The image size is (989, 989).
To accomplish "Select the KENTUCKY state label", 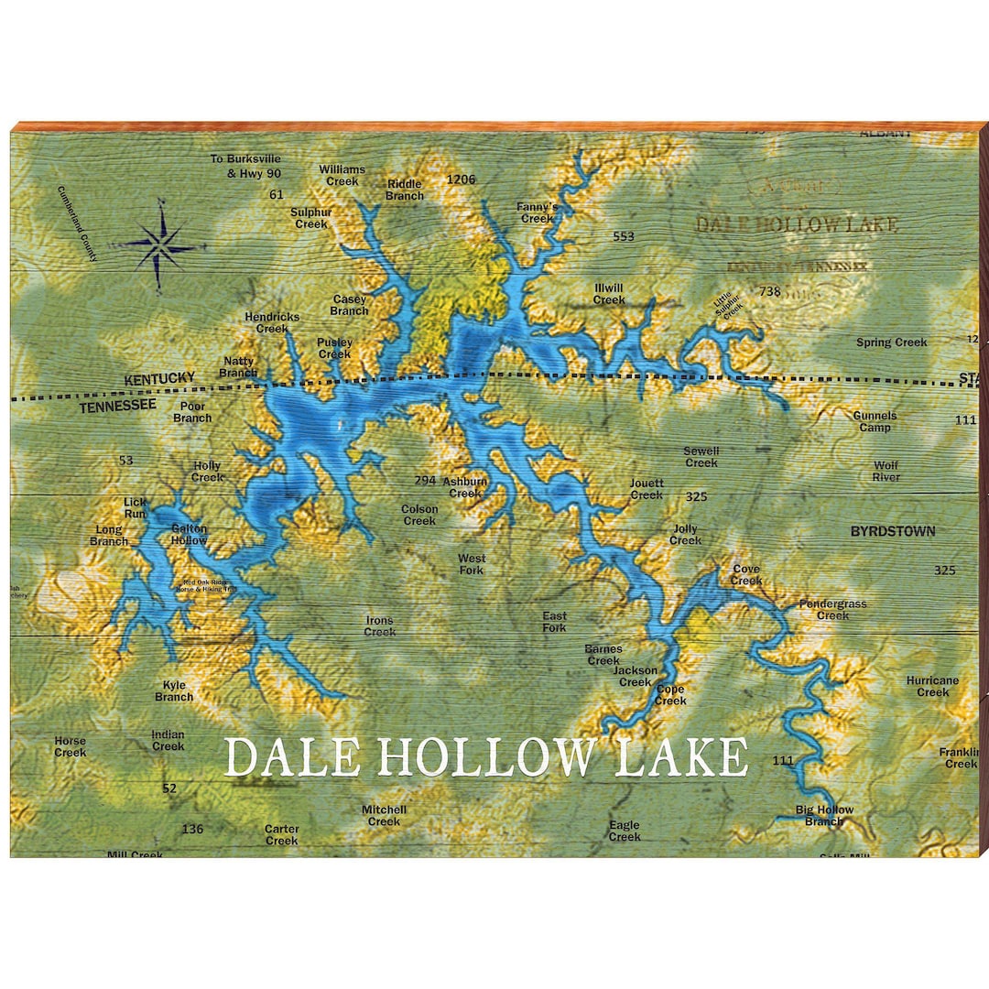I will pyautogui.click(x=160, y=378).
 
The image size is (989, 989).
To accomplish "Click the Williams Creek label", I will pyautogui.click(x=342, y=175).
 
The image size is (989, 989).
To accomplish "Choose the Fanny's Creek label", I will pyautogui.click(x=537, y=212).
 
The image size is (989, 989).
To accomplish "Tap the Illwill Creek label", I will pyautogui.click(x=609, y=293).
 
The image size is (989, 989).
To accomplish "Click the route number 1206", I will pyautogui.click(x=461, y=179).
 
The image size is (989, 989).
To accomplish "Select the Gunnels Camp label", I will pyautogui.click(x=875, y=421).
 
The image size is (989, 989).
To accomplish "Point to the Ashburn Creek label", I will pyautogui.click(x=465, y=487).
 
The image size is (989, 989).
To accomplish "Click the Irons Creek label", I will pyautogui.click(x=380, y=626).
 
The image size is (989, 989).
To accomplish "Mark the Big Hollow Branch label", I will pyautogui.click(x=824, y=815).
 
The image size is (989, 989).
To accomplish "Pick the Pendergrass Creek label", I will pyautogui.click(x=832, y=610).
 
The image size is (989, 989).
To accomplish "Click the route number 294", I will pyautogui.click(x=425, y=481).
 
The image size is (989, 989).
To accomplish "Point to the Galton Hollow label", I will pyautogui.click(x=190, y=535).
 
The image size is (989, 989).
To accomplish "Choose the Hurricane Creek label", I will pyautogui.click(x=932, y=686).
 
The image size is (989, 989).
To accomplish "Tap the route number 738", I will pyautogui.click(x=770, y=291).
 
